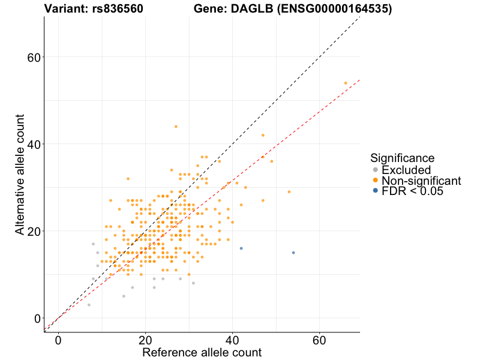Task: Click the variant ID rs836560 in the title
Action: coord(118,9)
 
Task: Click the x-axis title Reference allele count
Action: coord(202,353)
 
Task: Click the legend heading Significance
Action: coord(402,158)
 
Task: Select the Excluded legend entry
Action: coord(406,170)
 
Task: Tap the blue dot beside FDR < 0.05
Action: coord(376,191)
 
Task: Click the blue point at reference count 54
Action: coord(293,253)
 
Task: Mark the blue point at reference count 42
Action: coord(241,248)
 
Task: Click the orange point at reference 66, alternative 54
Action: coord(346,83)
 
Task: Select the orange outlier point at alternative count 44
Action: coord(176,127)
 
